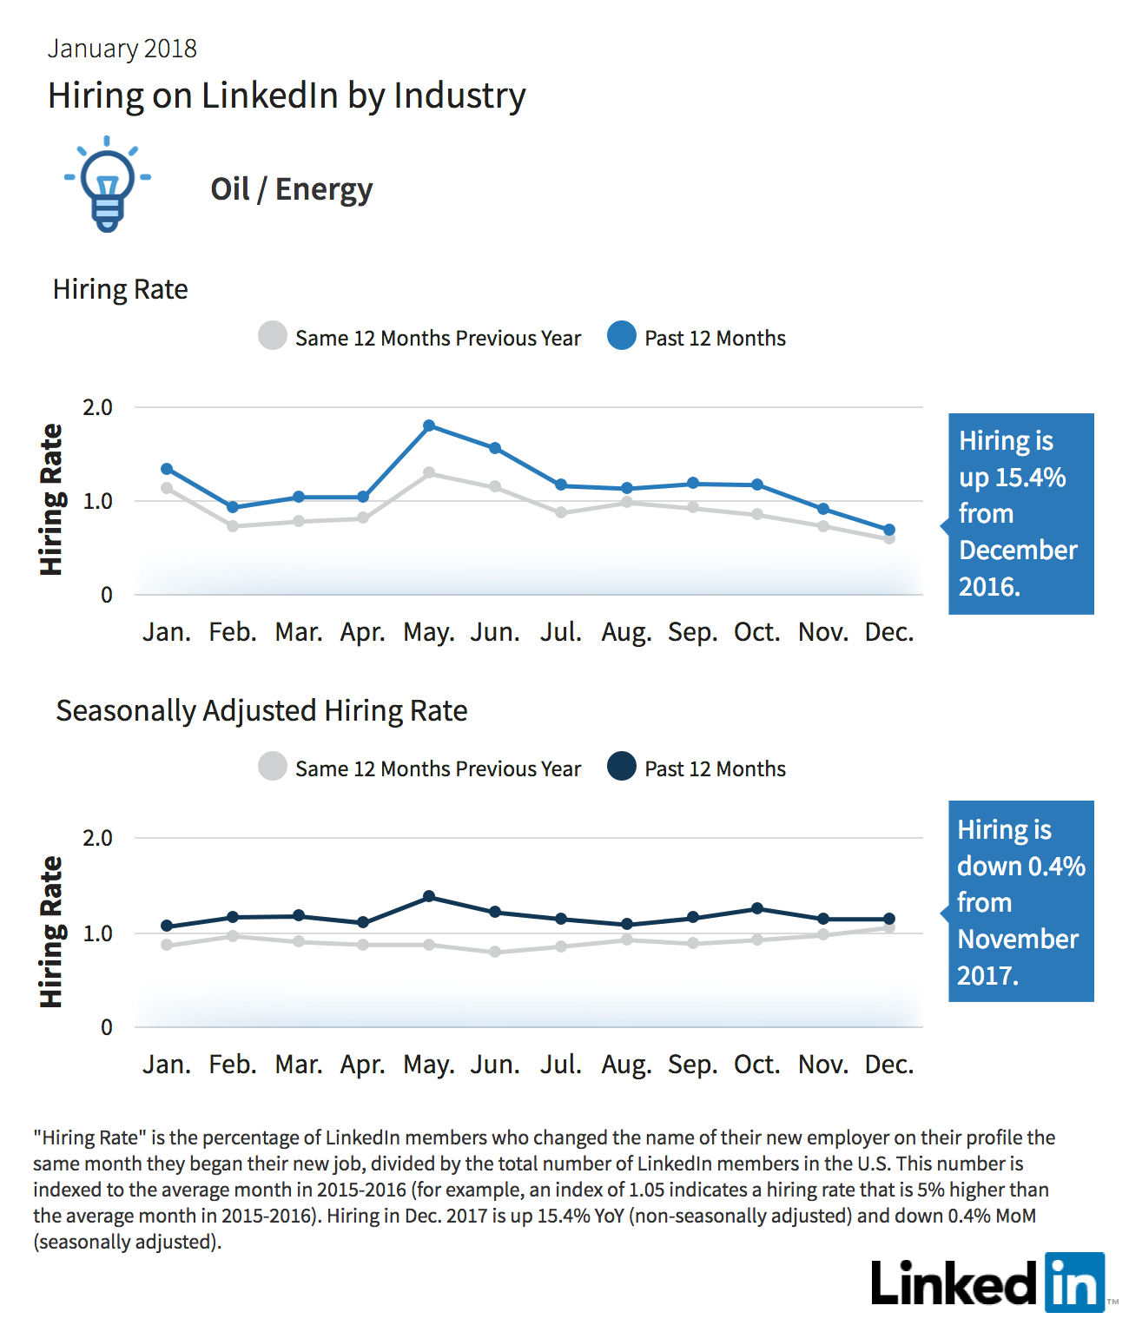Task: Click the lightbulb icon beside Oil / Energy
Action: (108, 184)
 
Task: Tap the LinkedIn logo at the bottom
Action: (988, 1282)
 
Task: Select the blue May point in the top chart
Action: (429, 425)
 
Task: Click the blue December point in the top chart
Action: (889, 530)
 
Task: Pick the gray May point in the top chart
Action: (429, 472)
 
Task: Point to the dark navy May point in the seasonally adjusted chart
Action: (429, 896)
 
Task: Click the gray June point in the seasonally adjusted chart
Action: (495, 951)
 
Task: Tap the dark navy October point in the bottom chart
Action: (758, 908)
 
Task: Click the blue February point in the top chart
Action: (233, 507)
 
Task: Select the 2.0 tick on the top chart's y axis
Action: (97, 407)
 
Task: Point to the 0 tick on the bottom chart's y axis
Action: (106, 1026)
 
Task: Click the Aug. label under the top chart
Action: (626, 632)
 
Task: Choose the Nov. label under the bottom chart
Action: (823, 1064)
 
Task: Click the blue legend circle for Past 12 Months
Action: (622, 335)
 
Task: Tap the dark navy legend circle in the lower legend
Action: (622, 766)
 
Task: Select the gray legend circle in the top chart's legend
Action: (273, 335)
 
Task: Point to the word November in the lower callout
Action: (1018, 939)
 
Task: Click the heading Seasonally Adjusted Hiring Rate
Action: (261, 711)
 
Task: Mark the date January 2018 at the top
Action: (122, 49)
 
